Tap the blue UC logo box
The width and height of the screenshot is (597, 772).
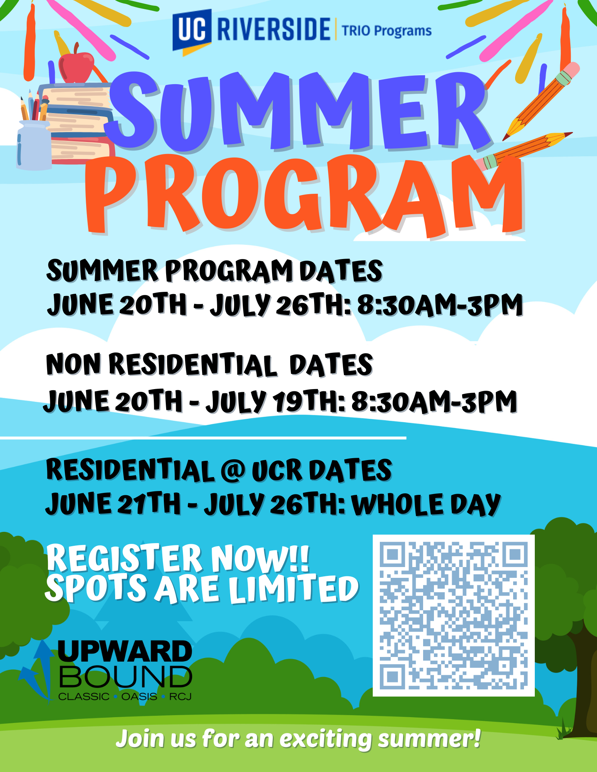[192, 30]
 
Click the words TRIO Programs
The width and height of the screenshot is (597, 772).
[386, 30]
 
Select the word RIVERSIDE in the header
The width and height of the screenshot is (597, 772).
[274, 29]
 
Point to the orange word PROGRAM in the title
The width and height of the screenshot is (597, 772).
[304, 195]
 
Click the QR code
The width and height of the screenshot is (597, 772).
[454, 615]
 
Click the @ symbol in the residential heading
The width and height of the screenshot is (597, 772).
[233, 471]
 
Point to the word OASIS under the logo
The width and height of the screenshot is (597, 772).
[139, 697]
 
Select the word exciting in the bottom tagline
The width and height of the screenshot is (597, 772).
[325, 739]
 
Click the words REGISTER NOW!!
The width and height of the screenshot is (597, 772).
[178, 558]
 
